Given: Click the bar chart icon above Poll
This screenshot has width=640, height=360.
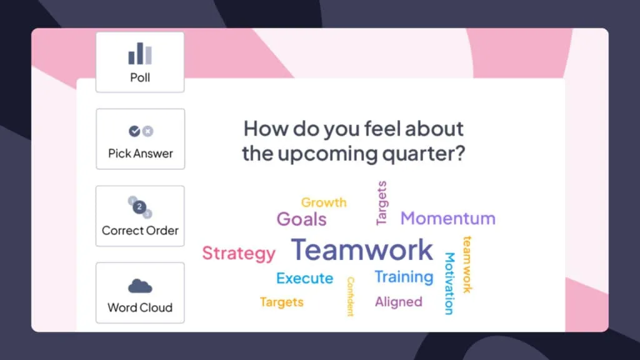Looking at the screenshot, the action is click(x=140, y=54).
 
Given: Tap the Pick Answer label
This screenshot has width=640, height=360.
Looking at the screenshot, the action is click(x=141, y=154).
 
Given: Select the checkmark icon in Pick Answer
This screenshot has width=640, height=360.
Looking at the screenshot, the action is click(x=134, y=131).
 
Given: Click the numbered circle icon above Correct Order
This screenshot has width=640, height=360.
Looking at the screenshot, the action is click(x=140, y=207).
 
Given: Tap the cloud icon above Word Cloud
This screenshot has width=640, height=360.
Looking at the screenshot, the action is click(x=140, y=286).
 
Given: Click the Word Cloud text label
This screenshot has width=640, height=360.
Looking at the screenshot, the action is click(x=140, y=307).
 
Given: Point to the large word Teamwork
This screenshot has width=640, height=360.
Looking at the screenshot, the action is click(x=362, y=249).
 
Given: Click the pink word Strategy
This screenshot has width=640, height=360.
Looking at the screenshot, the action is click(x=239, y=254).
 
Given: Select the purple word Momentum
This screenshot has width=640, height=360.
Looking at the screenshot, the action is click(x=447, y=218).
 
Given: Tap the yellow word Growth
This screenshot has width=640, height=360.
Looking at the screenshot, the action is click(x=324, y=202).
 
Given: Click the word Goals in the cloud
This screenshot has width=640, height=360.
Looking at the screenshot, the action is click(x=302, y=219).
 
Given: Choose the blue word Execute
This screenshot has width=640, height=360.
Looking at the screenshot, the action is click(x=304, y=278).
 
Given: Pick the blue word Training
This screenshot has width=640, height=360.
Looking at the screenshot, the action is click(x=404, y=277).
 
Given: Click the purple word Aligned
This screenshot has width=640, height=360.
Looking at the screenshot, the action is click(x=398, y=302).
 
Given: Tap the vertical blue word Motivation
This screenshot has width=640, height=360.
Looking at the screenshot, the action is click(x=449, y=284).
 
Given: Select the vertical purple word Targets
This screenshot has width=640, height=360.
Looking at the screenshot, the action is click(x=381, y=203).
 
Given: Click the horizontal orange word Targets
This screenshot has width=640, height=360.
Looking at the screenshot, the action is click(x=282, y=302).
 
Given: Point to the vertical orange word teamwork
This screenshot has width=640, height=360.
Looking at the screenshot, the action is click(x=467, y=264).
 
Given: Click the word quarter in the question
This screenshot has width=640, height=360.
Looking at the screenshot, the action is click(x=423, y=154).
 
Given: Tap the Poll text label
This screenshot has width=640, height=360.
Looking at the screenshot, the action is click(x=140, y=77).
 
